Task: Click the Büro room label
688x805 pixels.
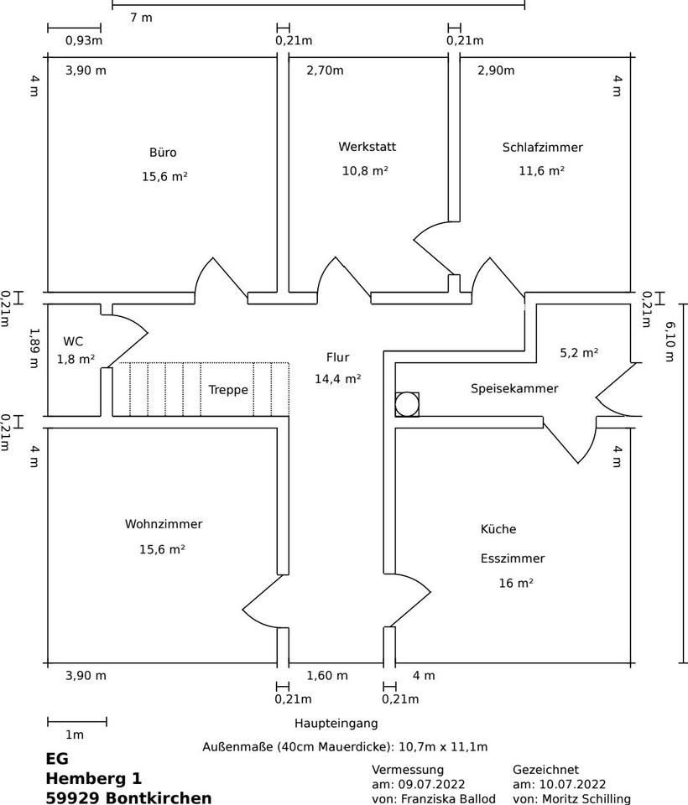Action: coord(163,153)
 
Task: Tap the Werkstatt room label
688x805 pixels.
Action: coord(367,147)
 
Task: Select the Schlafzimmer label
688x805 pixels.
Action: coord(542,148)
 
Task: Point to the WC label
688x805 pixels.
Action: coord(73,341)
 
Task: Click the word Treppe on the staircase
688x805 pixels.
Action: coord(228,389)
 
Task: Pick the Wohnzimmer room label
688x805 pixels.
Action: coord(164,524)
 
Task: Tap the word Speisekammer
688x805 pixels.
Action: coord(513,388)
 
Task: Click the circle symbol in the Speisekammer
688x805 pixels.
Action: coord(407,404)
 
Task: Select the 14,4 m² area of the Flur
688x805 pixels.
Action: coord(337,379)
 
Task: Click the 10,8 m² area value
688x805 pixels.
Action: coord(365,170)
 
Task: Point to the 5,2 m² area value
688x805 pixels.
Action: coord(579,353)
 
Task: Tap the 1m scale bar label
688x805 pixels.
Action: coord(75,735)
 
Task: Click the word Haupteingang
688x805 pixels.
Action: coord(336,723)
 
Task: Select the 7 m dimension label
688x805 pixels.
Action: coord(141,17)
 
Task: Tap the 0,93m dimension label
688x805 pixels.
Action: coord(84,40)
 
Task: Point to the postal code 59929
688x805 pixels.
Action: coord(73,797)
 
